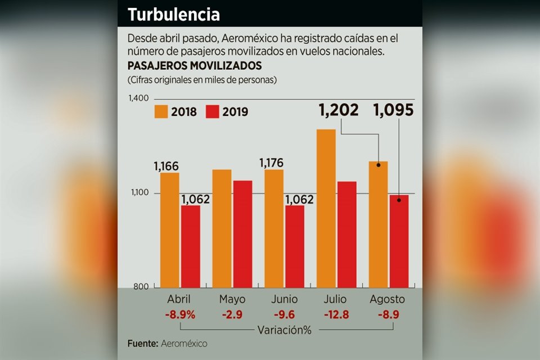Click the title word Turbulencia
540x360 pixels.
coord(173,15)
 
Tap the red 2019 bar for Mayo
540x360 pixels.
coord(242,233)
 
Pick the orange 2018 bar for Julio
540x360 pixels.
coord(326,208)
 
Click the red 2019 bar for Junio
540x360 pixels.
coord(294,246)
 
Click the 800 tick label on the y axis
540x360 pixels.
coord(141,287)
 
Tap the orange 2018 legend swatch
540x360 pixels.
coord(161,111)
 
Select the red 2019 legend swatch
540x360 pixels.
coord(213,111)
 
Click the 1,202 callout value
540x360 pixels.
coord(339,110)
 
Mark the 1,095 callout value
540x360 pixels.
coord(394,110)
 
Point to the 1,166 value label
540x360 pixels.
coord(166,166)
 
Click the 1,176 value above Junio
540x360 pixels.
coord(272,163)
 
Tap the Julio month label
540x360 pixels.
coord(336,299)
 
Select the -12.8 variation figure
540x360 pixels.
coord(336,314)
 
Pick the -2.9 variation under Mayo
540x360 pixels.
coord(232,314)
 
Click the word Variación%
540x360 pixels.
coord(284,330)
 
